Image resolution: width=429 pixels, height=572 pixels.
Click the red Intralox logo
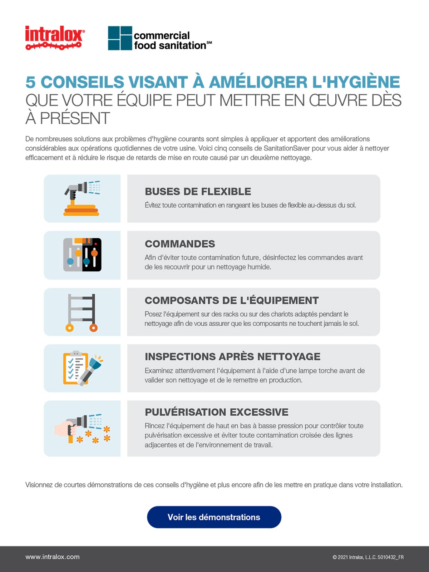click(55, 37)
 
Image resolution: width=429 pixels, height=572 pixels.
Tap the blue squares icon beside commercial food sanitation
click(120, 38)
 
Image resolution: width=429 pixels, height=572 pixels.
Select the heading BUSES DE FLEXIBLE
click(198, 192)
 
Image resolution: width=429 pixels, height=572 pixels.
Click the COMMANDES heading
click(180, 244)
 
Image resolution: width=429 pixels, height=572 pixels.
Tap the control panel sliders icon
click(82, 255)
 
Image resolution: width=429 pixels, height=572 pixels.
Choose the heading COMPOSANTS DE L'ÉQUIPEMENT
click(232, 300)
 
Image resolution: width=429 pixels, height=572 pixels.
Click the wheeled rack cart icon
click(82, 312)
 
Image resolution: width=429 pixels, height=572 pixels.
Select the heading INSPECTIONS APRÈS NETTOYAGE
click(232, 356)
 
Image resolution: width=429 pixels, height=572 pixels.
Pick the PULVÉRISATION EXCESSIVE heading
click(216, 412)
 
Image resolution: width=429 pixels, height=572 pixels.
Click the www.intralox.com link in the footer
click(53, 557)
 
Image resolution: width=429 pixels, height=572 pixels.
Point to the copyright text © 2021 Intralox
click(368, 557)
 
